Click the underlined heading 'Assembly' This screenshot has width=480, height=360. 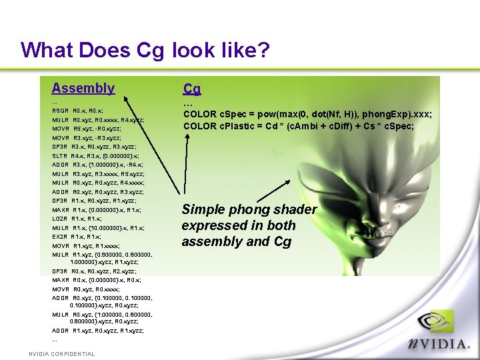[83, 88]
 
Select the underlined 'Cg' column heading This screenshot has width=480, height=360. [192, 89]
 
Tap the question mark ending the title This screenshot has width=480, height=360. [263, 50]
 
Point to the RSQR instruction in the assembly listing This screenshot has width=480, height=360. [60, 110]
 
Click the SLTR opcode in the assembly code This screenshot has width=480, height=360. [60, 155]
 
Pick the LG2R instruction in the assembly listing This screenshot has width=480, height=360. [60, 219]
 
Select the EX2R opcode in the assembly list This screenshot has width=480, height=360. [60, 237]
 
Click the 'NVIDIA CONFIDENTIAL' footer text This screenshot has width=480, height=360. [61, 354]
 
